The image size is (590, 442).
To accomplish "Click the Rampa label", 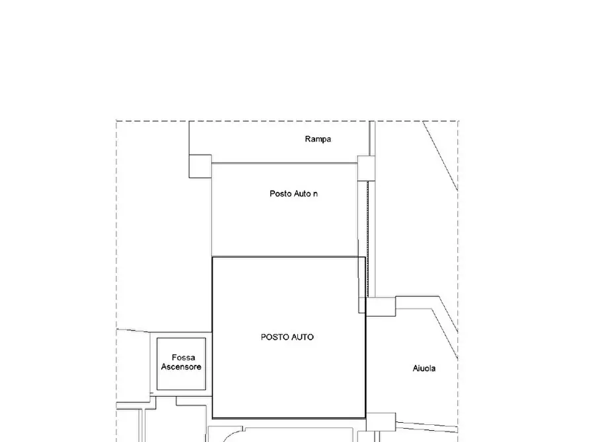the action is point(318,139).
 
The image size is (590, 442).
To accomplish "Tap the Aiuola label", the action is point(424,368).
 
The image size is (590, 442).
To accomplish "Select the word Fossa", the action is point(183,358).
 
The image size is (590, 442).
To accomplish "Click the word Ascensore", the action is point(182,367).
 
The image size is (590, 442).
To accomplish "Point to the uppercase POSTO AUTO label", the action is point(287,337).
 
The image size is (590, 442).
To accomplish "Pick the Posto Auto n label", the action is point(293,193).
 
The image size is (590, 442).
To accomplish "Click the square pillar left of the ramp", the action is point(200,166).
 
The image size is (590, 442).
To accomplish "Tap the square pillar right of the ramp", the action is point(366,168).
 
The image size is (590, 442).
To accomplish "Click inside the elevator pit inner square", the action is point(182,363).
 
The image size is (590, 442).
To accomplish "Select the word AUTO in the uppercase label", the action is point(301,337).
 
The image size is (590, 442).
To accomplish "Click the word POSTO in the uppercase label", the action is point(274,337).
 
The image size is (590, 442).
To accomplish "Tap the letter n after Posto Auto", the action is point(315,195).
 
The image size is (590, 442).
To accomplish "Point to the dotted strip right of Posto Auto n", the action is point(368,239).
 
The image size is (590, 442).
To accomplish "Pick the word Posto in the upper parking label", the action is point(280,193).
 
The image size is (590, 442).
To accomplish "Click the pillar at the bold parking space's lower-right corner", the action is point(381,422).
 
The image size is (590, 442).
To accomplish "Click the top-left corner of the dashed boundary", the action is point(116,121).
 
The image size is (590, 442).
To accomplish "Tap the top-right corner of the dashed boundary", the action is point(458,121).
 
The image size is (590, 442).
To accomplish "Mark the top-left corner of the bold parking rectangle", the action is point(213,257).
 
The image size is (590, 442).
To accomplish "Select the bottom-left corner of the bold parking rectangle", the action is point(213,418).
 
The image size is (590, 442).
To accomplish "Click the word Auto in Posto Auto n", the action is point(302,193).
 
